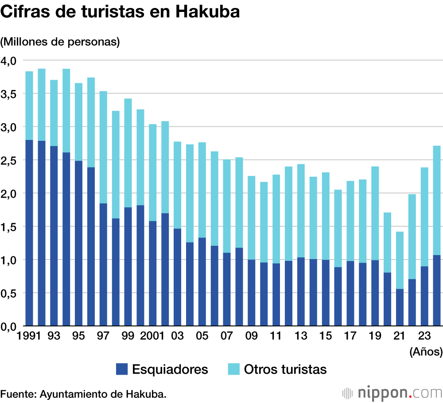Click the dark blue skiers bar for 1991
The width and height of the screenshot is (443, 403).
click(29, 232)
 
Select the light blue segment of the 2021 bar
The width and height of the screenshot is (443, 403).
click(400, 260)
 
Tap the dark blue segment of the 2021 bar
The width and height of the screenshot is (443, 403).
click(400, 307)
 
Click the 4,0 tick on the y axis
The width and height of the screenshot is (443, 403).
click(8, 60)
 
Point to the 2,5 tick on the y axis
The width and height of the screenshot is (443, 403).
click(8, 160)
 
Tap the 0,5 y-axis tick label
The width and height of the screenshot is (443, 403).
click(8, 293)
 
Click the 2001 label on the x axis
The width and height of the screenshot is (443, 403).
click(153, 336)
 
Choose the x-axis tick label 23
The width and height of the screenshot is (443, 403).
click(424, 336)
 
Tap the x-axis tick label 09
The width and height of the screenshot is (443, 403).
click(251, 336)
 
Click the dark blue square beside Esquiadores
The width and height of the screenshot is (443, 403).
click(121, 369)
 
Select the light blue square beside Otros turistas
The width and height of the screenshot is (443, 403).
click(233, 369)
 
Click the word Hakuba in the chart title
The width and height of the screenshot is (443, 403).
click(208, 12)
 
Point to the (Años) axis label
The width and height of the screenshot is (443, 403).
click(426, 352)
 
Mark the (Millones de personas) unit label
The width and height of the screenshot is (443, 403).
click(60, 42)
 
